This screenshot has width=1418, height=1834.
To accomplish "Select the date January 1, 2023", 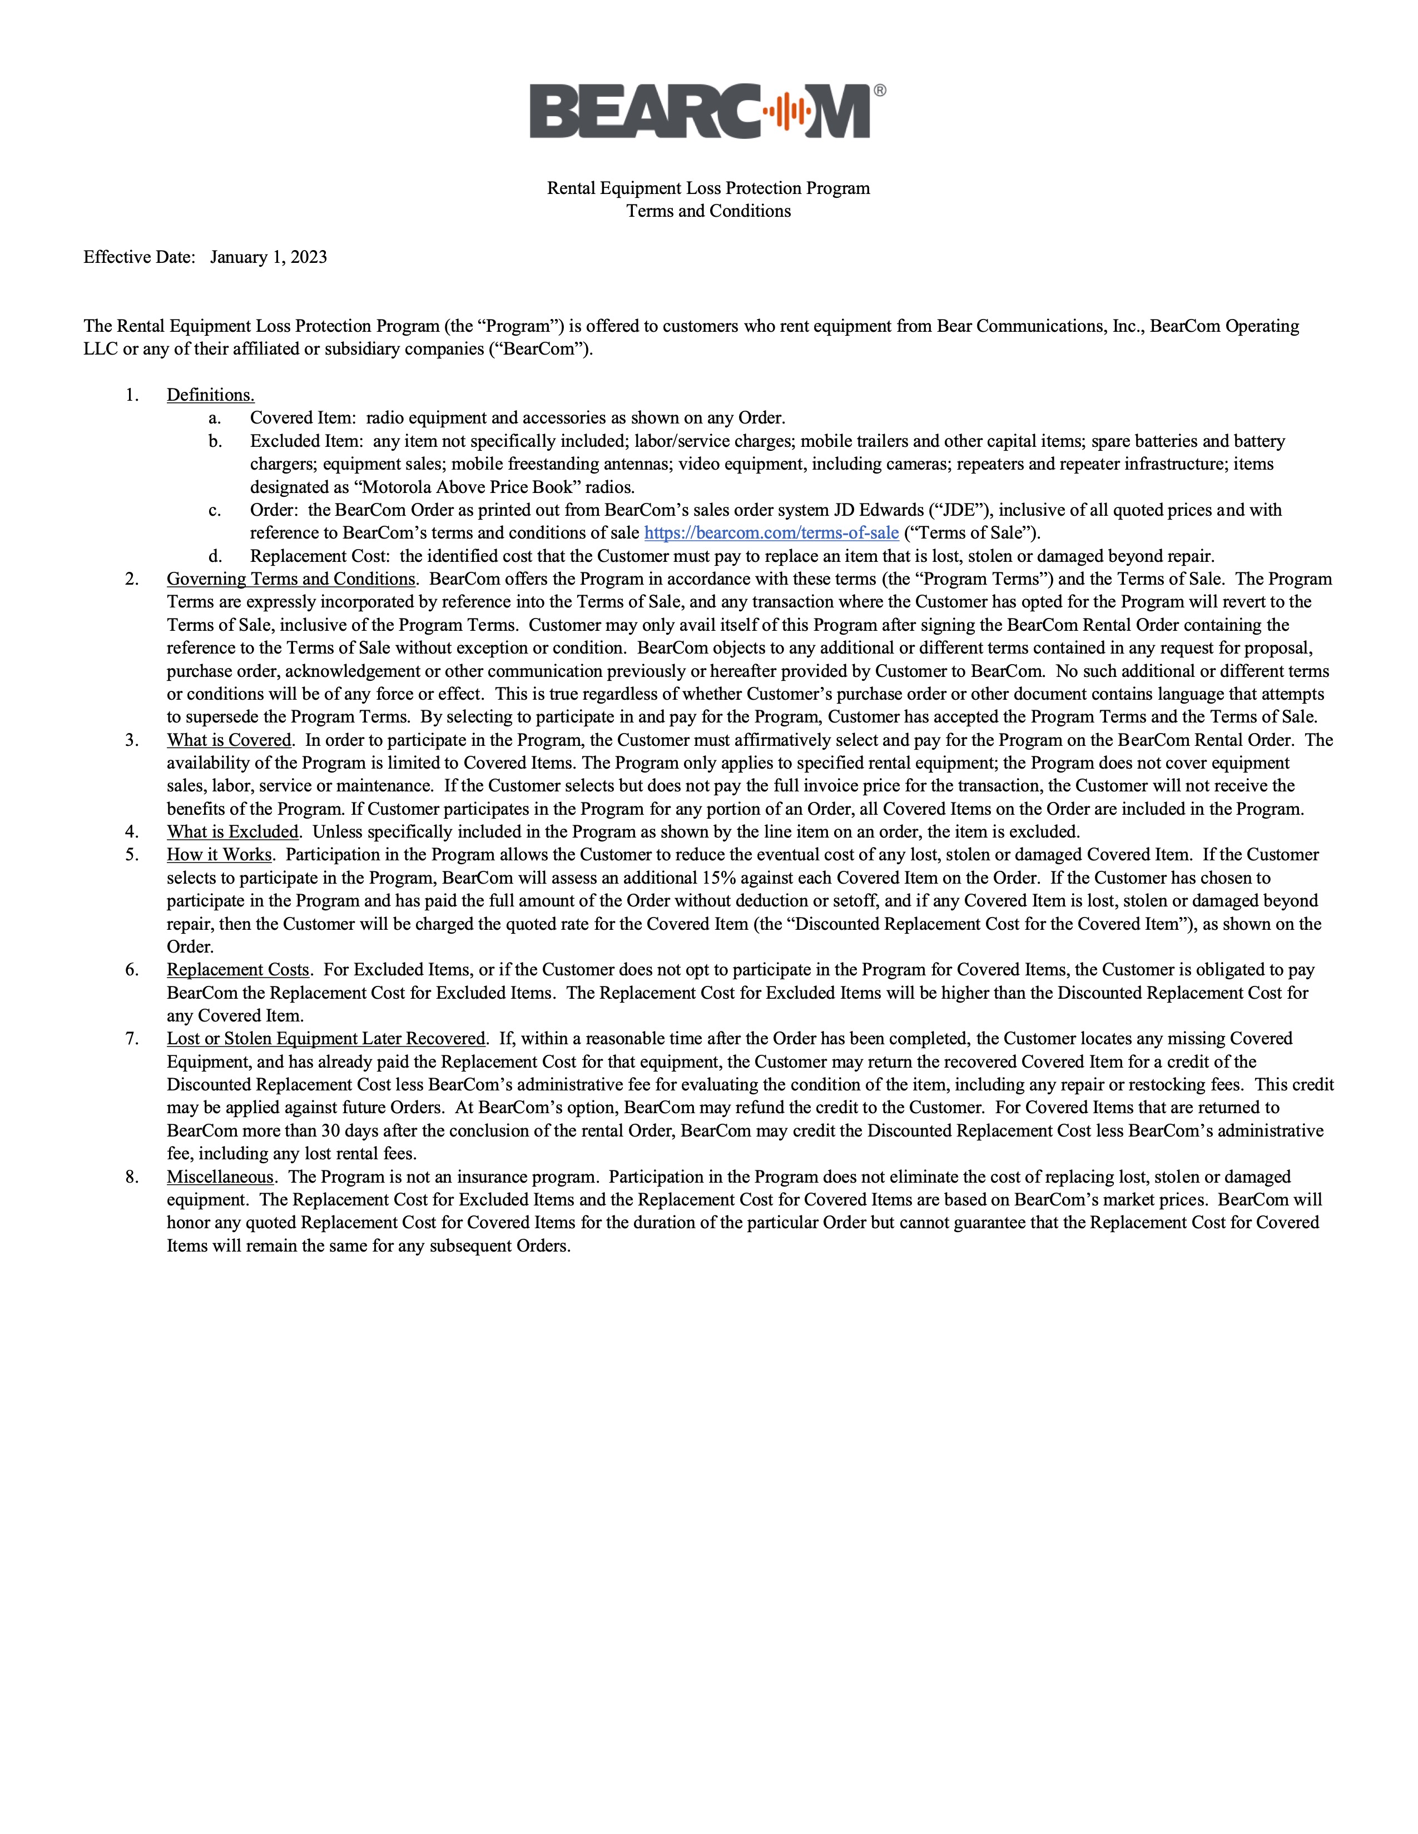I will click(268, 257).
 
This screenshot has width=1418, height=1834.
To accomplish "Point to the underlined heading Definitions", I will click(210, 395).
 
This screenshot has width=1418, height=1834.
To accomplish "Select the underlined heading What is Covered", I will click(229, 740).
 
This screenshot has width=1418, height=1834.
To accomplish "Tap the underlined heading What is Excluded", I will click(232, 831).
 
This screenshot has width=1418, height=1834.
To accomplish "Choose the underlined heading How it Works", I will click(219, 855).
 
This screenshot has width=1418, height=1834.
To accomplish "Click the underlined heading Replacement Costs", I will click(238, 970).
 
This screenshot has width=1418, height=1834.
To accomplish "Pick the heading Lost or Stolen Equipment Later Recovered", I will click(326, 1039).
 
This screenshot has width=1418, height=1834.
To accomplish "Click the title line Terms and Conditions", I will click(708, 211).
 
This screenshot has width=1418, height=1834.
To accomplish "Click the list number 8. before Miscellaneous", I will click(132, 1177).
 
